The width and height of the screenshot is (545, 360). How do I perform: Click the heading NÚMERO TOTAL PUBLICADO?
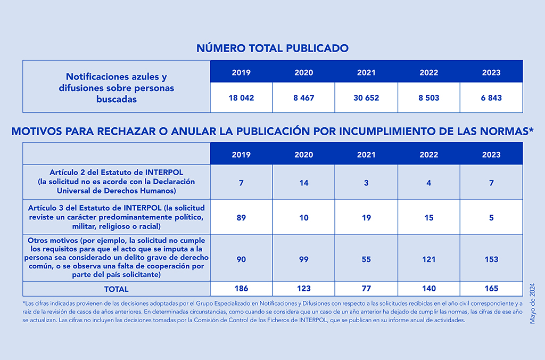[272, 48]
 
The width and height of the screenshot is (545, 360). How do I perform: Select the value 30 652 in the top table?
[366, 98]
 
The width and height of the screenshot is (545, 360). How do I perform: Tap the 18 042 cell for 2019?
[241, 98]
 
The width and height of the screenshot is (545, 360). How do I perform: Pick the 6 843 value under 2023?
[491, 98]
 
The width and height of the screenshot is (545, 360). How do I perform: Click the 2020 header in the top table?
[304, 72]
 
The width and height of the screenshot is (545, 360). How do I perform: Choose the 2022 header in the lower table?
[428, 154]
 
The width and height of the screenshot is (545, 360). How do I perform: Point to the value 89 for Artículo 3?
[241, 218]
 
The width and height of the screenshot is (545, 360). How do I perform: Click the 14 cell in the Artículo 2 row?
[304, 183]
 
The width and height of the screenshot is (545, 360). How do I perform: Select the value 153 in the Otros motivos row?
[491, 259]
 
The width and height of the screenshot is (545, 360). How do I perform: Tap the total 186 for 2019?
[241, 288]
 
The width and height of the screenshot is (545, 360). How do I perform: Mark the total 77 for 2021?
[366, 288]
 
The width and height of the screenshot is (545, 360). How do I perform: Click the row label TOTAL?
[117, 289]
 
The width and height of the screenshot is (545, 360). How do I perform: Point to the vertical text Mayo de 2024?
[532, 304]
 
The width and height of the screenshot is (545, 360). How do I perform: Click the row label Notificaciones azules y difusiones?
[117, 88]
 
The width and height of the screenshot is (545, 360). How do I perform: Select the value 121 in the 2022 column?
[428, 259]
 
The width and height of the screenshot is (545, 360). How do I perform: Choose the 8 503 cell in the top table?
[428, 98]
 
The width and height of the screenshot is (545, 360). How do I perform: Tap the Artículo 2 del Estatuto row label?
[117, 182]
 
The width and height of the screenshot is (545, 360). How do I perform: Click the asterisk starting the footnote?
[24, 303]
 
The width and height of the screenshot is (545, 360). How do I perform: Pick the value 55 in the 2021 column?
[366, 259]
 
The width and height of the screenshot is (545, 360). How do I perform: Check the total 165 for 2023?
[491, 288]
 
